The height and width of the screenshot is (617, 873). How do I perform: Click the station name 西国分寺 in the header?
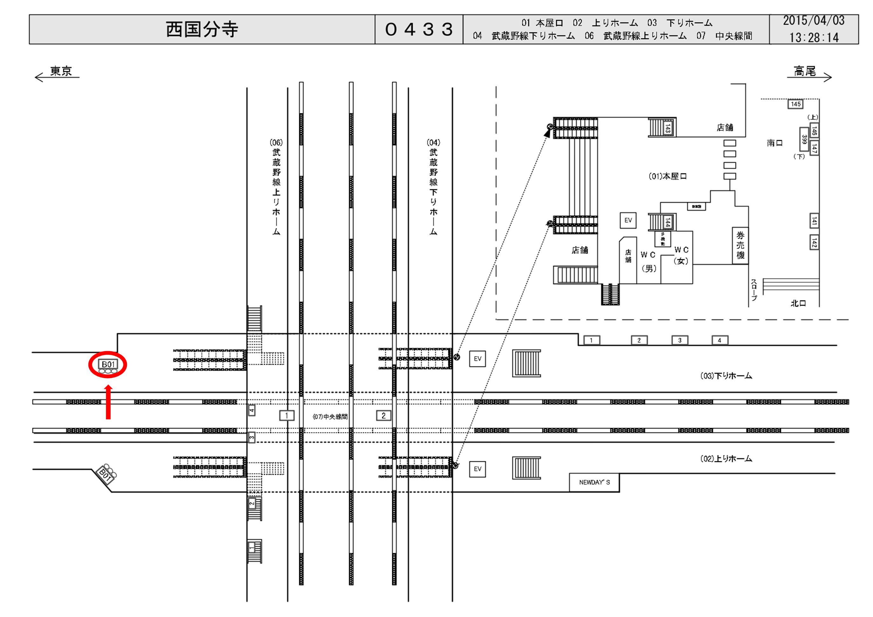coord(202,29)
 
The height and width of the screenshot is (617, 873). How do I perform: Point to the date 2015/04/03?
coord(813,21)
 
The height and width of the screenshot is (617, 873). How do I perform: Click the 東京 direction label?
coord(61,71)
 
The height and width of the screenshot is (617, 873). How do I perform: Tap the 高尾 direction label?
coord(805,71)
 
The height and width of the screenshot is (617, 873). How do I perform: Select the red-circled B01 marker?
coord(108,365)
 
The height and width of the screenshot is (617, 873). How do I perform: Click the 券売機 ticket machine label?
coord(740,245)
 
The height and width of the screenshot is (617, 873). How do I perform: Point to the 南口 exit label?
coord(774,143)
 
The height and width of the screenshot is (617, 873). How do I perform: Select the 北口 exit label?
coord(798,303)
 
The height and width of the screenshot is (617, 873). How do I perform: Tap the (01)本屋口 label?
coord(667,176)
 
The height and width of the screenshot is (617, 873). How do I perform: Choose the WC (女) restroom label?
coord(681,255)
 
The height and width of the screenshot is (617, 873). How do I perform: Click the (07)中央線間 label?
coord(330,417)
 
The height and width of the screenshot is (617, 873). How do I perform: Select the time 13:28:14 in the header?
coord(814,37)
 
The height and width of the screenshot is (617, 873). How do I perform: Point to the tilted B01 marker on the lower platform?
coord(105,474)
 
